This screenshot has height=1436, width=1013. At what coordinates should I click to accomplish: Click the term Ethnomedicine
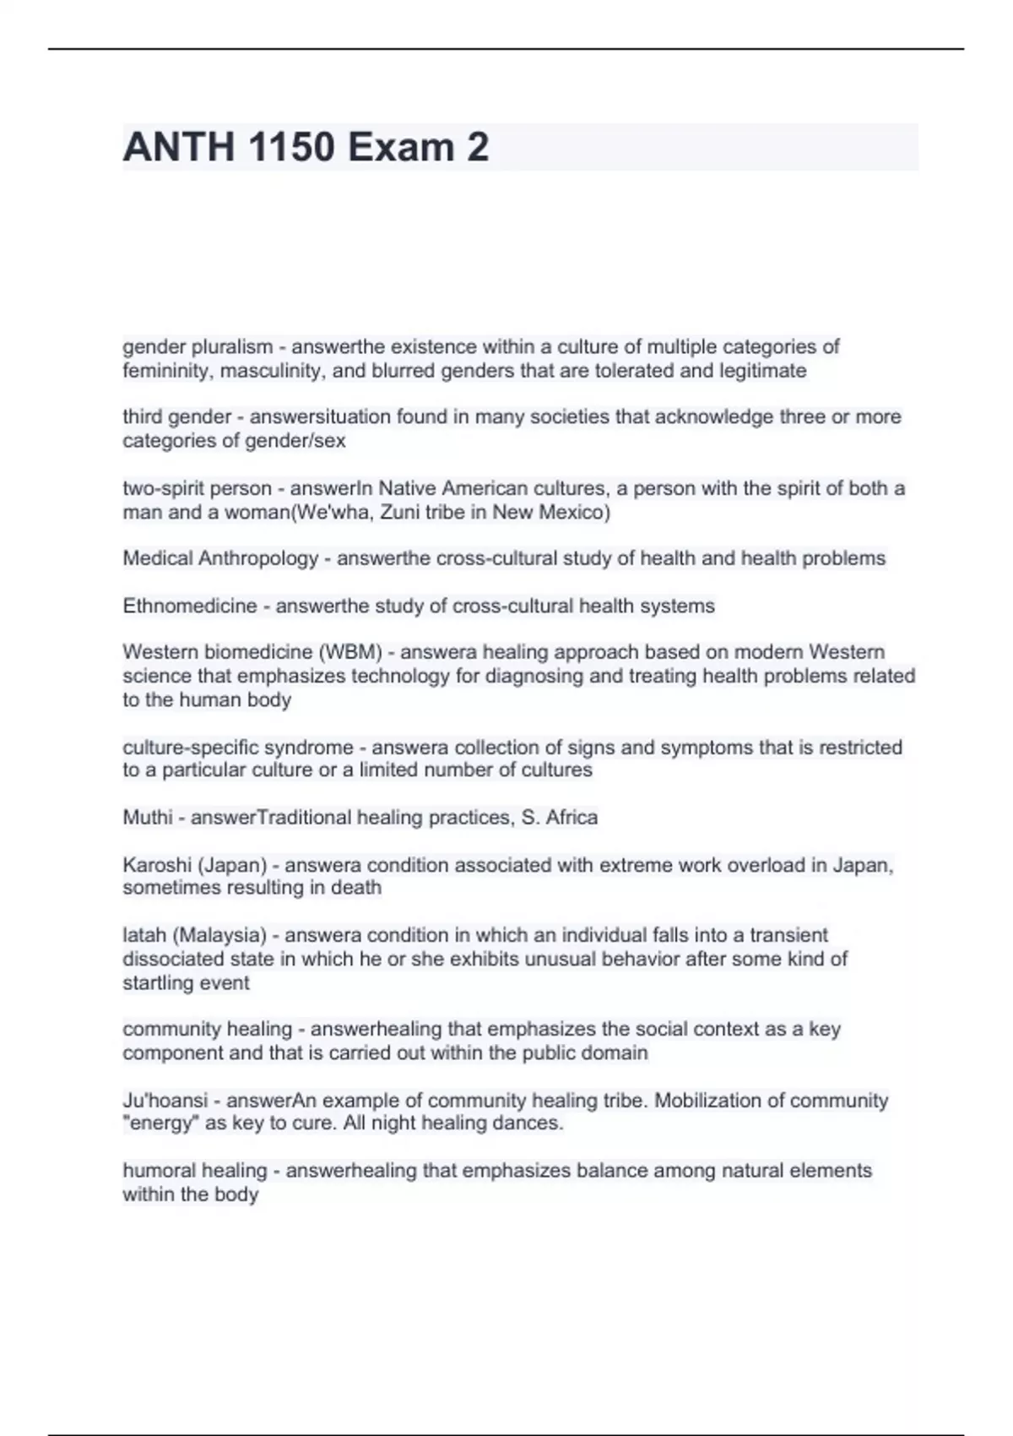click(x=190, y=606)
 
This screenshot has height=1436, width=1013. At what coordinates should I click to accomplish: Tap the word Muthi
click(x=148, y=818)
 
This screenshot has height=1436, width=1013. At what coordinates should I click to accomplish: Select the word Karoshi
click(x=158, y=865)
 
